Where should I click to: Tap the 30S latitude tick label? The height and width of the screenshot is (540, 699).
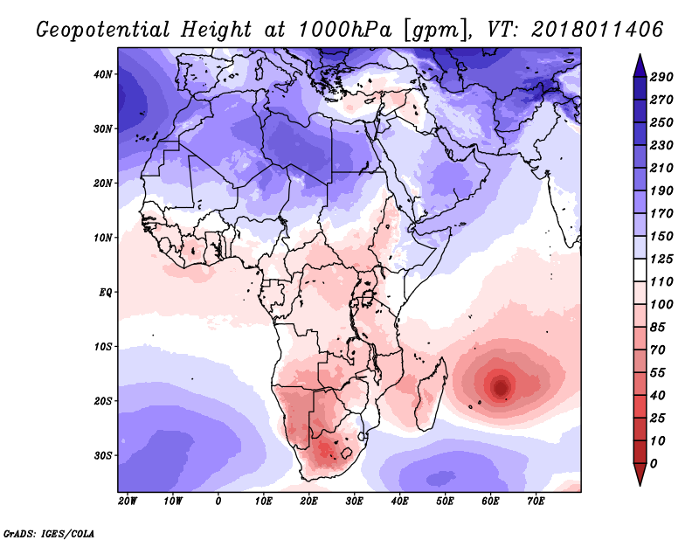click(x=104, y=455)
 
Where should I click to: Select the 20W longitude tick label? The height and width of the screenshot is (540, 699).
click(x=128, y=502)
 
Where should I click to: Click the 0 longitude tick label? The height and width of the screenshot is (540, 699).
click(x=218, y=502)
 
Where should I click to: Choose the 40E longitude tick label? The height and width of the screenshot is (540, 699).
click(x=400, y=502)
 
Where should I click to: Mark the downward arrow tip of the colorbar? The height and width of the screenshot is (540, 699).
click(x=640, y=482)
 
